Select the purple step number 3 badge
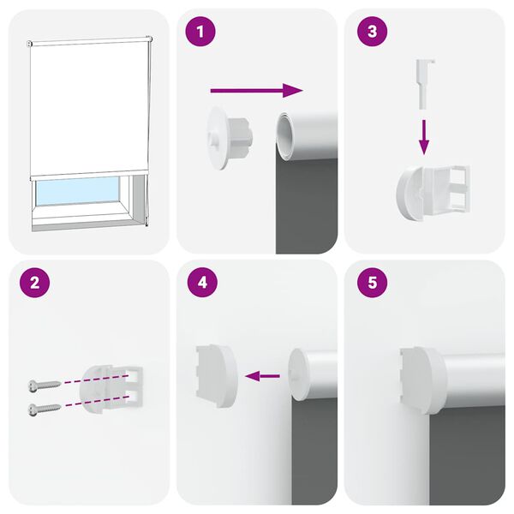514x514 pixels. tap(371, 33)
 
